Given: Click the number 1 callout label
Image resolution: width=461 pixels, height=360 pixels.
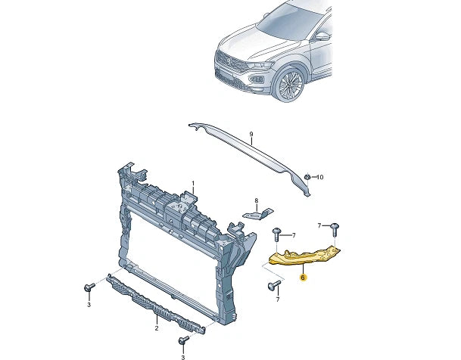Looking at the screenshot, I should point(193,184).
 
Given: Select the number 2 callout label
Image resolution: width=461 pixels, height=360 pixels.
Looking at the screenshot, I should point(157,329).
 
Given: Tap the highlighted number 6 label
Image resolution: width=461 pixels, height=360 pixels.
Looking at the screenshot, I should point(303,278).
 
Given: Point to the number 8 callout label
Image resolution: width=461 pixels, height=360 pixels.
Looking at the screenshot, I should point(256,201).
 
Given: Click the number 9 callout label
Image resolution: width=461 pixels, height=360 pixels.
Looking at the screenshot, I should point(251,136).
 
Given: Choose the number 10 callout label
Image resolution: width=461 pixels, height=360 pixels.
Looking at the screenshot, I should point(319,177).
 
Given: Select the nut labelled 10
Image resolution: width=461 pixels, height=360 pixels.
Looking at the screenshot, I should point(306,178).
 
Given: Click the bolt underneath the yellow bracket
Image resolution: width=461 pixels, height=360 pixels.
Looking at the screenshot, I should point(273,286).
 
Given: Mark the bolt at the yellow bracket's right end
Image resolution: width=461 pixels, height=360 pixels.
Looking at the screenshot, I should point(336,227).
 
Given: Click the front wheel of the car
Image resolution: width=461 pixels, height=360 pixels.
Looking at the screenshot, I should point(289,85).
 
